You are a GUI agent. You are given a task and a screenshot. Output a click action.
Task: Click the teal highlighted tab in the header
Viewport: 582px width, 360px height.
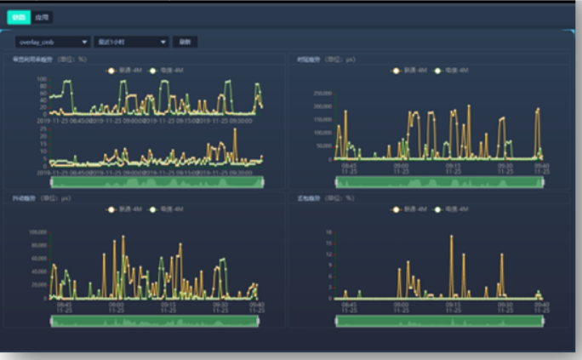click(19, 16)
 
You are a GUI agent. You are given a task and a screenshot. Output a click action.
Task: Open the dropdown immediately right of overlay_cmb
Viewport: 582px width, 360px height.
click(131, 41)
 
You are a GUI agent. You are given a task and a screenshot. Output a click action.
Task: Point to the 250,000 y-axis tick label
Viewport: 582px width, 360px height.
click(321, 92)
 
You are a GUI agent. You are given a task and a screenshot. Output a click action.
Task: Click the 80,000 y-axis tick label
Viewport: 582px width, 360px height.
click(38, 244)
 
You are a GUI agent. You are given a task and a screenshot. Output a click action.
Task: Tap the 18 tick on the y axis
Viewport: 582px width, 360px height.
click(328, 231)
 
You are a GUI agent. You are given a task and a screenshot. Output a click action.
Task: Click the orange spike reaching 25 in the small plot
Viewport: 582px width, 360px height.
click(234, 130)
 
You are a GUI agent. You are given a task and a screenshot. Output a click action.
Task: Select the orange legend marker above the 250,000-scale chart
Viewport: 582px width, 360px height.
click(397, 70)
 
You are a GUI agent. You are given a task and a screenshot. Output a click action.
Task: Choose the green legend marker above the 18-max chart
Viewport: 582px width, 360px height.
click(439, 209)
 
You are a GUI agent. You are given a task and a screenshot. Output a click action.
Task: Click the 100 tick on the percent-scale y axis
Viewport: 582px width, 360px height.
click(42, 79)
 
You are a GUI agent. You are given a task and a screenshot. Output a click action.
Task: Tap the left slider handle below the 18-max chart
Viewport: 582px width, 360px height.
click(338, 321)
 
